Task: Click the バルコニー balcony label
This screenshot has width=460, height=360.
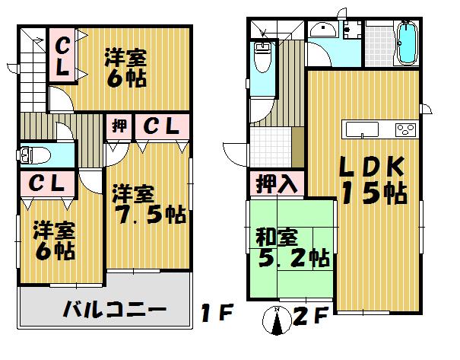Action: click(x=114, y=311)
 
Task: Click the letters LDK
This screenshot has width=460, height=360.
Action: click(x=367, y=166)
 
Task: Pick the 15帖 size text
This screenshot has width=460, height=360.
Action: click(x=373, y=193)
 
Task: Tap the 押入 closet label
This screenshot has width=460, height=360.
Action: click(x=276, y=183)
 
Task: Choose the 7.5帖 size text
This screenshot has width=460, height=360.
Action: click(x=149, y=214)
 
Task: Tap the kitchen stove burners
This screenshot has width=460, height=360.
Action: click(x=405, y=129)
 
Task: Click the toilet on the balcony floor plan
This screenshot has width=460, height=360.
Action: click(x=35, y=155)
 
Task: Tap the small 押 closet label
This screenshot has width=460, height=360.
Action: click(x=120, y=126)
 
